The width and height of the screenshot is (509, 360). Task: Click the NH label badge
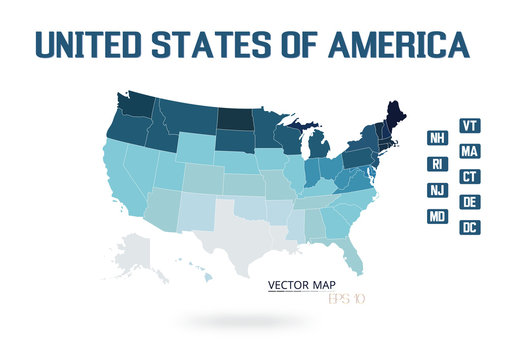pos(437,138)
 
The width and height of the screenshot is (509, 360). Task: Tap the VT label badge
pos(469,126)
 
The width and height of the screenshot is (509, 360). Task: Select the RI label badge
pos(437,164)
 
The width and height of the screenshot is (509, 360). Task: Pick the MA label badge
pos(469,152)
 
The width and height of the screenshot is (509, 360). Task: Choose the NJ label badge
pos(437,190)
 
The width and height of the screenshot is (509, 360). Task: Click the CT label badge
pos(469,177)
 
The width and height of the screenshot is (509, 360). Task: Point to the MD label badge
pos(437,216)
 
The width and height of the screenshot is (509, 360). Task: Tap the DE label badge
pos(469,203)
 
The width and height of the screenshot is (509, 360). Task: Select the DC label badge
pos(469,228)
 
